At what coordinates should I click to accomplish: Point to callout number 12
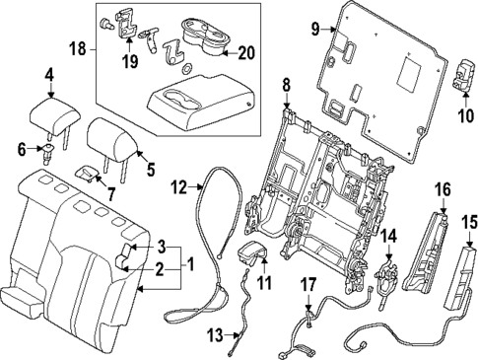pyautogui.click(x=179, y=186)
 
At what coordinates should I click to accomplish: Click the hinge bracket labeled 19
pyautogui.click(x=126, y=22)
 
